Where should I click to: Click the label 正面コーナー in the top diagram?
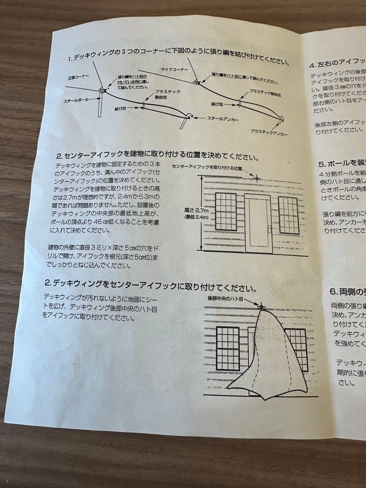pos(79,77)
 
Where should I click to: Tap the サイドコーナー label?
pos(172,69)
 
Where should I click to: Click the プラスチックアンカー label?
pos(269,132)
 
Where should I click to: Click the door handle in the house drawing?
pos(269,229)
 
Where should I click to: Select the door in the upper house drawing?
pos(258,224)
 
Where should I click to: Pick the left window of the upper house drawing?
pos(225,211)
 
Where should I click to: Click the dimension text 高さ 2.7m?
pos(197,211)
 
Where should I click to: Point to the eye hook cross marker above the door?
pos(257,178)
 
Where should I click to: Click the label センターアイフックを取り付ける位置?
pos(207,167)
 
